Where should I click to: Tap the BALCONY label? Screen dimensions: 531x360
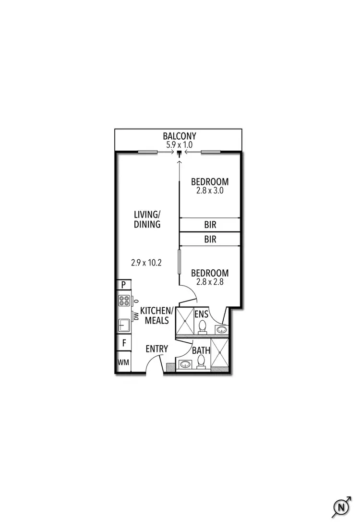pyautogui.click(x=179, y=136)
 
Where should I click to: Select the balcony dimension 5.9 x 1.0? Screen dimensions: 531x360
pyautogui.click(x=179, y=145)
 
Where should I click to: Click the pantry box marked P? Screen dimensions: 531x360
pyautogui.click(x=123, y=285)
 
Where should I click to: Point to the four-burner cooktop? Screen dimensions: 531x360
pyautogui.click(x=124, y=301)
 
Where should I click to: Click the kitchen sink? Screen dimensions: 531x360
pyautogui.click(x=123, y=325)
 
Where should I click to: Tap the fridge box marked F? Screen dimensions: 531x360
pyautogui.click(x=123, y=343)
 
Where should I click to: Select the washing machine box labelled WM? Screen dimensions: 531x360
pyautogui.click(x=123, y=362)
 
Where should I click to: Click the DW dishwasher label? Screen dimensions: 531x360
pyautogui.click(x=136, y=316)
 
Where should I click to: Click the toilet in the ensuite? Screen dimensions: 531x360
pyautogui.click(x=203, y=326)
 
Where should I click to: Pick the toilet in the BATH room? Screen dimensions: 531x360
pyautogui.click(x=202, y=362)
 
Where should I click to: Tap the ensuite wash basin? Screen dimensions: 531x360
pyautogui.click(x=222, y=329)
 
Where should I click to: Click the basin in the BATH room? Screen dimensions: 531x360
pyautogui.click(x=185, y=365)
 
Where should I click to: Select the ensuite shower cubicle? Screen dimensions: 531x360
pyautogui.click(x=184, y=319)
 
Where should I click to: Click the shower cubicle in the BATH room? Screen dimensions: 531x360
pyautogui.click(x=220, y=354)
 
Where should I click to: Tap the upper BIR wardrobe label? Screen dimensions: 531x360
pyautogui.click(x=210, y=225)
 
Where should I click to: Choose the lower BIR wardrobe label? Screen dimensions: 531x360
pyautogui.click(x=210, y=239)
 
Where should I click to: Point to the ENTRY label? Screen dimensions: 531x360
pyautogui.click(x=156, y=348)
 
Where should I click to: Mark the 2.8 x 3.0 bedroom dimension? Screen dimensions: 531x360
pyautogui.click(x=210, y=190)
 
